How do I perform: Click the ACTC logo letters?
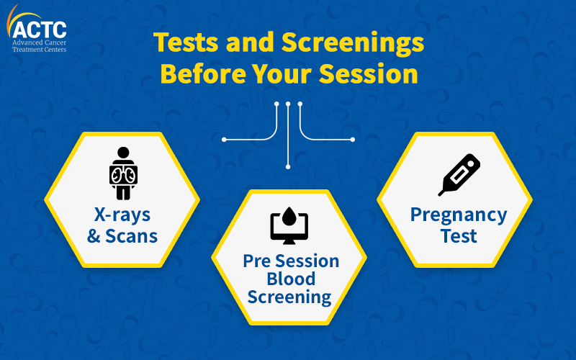click(x=40, y=30)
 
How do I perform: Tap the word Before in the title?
click(x=203, y=74)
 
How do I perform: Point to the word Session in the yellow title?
click(x=369, y=74)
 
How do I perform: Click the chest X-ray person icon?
click(x=123, y=174)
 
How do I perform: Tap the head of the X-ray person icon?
click(x=123, y=153)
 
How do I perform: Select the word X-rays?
click(x=122, y=215)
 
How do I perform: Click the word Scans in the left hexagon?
click(x=132, y=236)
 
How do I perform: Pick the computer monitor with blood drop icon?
click(x=289, y=225)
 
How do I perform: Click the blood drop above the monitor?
click(x=289, y=217)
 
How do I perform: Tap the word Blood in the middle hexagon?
click(x=291, y=279)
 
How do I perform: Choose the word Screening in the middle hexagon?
click(x=289, y=297)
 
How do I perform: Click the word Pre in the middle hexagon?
click(x=257, y=261)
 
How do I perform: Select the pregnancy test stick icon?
click(x=459, y=175)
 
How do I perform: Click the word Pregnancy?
click(x=459, y=215)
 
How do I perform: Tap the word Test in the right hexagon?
click(x=459, y=236)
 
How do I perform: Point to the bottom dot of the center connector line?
click(x=288, y=167)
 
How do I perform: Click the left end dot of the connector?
click(x=224, y=140)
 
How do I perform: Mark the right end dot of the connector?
click(x=353, y=140)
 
